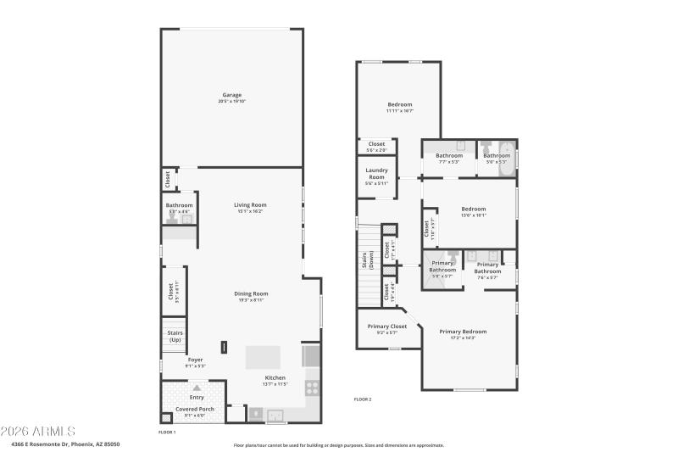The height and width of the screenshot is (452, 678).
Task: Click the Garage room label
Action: pyautogui.click(x=232, y=94)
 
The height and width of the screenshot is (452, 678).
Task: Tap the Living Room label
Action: pyautogui.click(x=250, y=204)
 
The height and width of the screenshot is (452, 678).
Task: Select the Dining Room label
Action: pyautogui.click(x=251, y=293)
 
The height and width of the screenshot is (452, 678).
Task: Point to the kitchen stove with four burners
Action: pyautogui.click(x=312, y=387)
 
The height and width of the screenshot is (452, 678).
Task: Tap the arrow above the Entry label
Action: pyautogui.click(x=197, y=388)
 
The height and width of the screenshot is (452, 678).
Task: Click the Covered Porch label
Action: pyautogui.click(x=195, y=409)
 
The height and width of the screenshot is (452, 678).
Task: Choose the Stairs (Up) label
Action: pyautogui.click(x=175, y=336)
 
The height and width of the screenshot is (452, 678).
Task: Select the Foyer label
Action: pyautogui.click(x=195, y=360)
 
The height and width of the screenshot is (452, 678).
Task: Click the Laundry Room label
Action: pyautogui.click(x=376, y=173)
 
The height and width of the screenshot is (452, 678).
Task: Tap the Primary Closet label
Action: pyautogui.click(x=387, y=326)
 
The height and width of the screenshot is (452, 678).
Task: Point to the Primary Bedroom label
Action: pyautogui.click(x=463, y=332)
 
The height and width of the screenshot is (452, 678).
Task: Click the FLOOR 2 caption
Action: pyautogui.click(x=362, y=399)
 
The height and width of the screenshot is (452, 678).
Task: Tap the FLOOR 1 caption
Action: pyautogui.click(x=167, y=432)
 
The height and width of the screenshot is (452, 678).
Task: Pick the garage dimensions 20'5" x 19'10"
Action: pyautogui.click(x=232, y=102)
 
